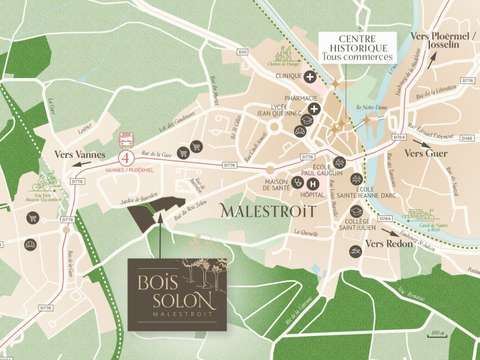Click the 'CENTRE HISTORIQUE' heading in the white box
tap(353, 43)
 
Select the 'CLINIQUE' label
tap(290, 77)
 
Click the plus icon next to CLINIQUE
tap(313, 77)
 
